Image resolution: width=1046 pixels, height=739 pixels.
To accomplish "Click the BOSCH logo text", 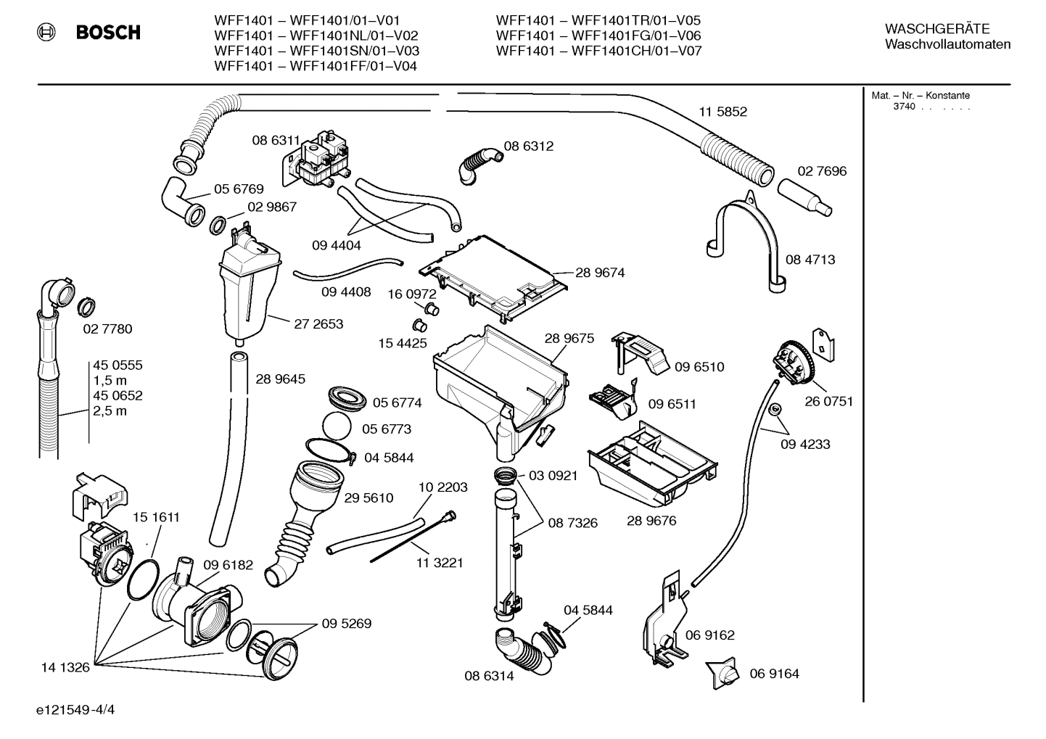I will (108, 33).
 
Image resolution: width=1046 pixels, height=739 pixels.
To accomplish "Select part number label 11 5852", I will (722, 112).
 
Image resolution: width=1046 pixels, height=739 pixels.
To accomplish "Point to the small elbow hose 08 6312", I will (478, 162).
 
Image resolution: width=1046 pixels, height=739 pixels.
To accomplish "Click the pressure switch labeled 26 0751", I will (793, 363).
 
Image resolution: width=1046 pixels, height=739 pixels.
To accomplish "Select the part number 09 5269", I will (347, 624).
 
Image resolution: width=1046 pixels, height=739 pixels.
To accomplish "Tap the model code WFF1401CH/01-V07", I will (636, 51).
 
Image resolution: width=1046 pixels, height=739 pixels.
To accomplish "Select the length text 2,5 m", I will (110, 411).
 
